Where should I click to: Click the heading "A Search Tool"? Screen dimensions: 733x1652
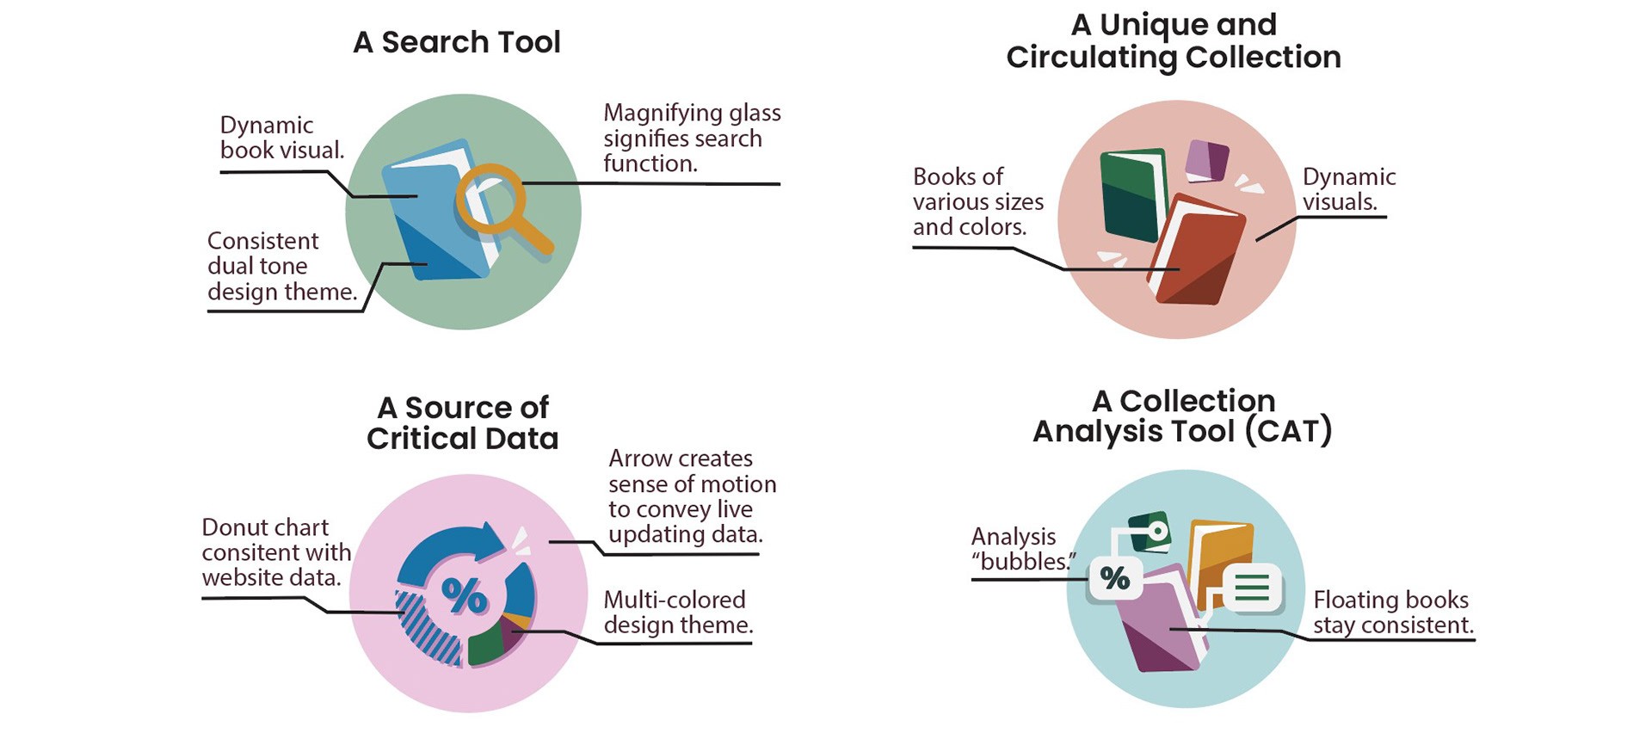(456, 42)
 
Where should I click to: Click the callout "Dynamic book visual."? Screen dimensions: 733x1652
(281, 138)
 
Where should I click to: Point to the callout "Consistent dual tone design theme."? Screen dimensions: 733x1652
(281, 267)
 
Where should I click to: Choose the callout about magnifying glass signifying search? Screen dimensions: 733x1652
(692, 138)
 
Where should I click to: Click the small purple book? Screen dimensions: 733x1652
(1206, 161)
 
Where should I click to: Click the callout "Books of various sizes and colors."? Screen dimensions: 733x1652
(977, 202)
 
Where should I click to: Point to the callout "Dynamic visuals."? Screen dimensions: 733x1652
(1347, 189)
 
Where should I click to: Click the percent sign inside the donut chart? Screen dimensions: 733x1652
(464, 594)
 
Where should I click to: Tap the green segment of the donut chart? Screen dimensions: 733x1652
(485, 645)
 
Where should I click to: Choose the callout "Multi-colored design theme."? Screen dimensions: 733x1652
(678, 613)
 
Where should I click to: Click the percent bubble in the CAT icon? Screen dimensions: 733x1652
(1115, 578)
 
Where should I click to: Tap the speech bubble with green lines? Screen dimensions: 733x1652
(1252, 588)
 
